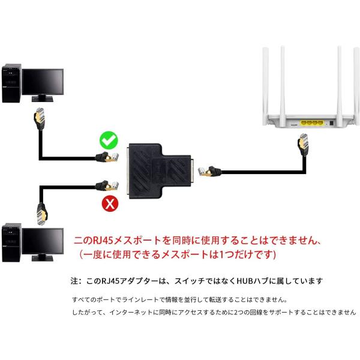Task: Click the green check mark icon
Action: [109, 140]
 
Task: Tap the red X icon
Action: [110, 203]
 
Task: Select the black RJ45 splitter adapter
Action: [160, 171]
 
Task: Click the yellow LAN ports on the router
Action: [312, 123]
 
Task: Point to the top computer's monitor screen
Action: [43, 82]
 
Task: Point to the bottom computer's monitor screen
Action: [43, 241]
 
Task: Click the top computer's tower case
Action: [11, 83]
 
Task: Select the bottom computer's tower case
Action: [11, 242]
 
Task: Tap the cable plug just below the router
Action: [303, 145]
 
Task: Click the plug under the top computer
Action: [40, 119]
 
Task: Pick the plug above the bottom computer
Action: [42, 214]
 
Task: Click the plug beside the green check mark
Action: [107, 157]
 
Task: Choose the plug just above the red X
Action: [107, 186]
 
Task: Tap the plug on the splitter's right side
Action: [209, 171]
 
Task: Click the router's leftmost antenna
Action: [266, 86]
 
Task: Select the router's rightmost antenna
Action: [356, 86]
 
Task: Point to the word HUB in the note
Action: [245, 281]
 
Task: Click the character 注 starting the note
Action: [74, 281]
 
